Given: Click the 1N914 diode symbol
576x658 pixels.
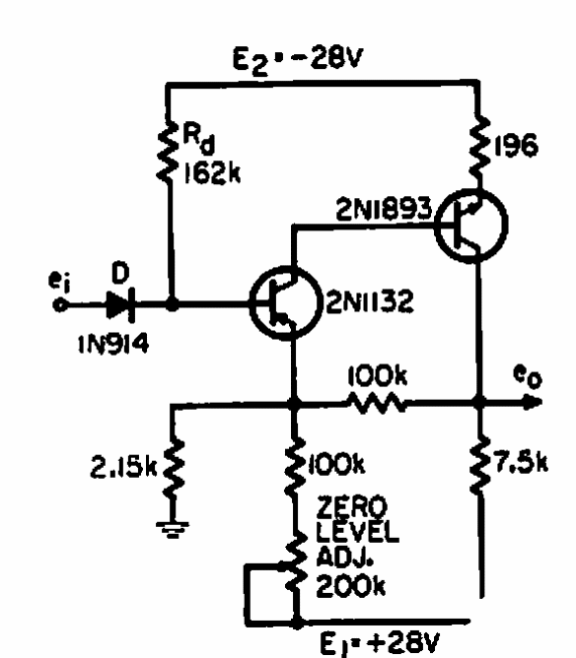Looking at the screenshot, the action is click(120, 304).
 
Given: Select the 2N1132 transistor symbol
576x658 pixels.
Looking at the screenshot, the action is click(284, 302).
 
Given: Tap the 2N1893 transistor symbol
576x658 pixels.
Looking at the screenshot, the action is click(471, 226).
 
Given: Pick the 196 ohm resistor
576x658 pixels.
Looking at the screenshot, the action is click(479, 146).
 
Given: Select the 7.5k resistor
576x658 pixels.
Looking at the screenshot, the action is click(479, 464).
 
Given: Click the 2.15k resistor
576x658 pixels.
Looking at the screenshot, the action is click(173, 469).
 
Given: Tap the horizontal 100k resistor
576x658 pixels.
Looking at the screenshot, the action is click(377, 403).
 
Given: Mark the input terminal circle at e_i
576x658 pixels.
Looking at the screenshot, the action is click(59, 304).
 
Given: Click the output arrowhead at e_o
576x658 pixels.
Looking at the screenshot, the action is click(534, 403).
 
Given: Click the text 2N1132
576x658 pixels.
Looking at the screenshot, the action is click(370, 300).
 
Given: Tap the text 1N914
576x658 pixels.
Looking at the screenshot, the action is click(113, 345).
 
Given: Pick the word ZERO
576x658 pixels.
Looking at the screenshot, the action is click(351, 507).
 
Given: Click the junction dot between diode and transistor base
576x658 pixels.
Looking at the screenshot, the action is click(172, 304).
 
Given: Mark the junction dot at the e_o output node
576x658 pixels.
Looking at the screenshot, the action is click(478, 402).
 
